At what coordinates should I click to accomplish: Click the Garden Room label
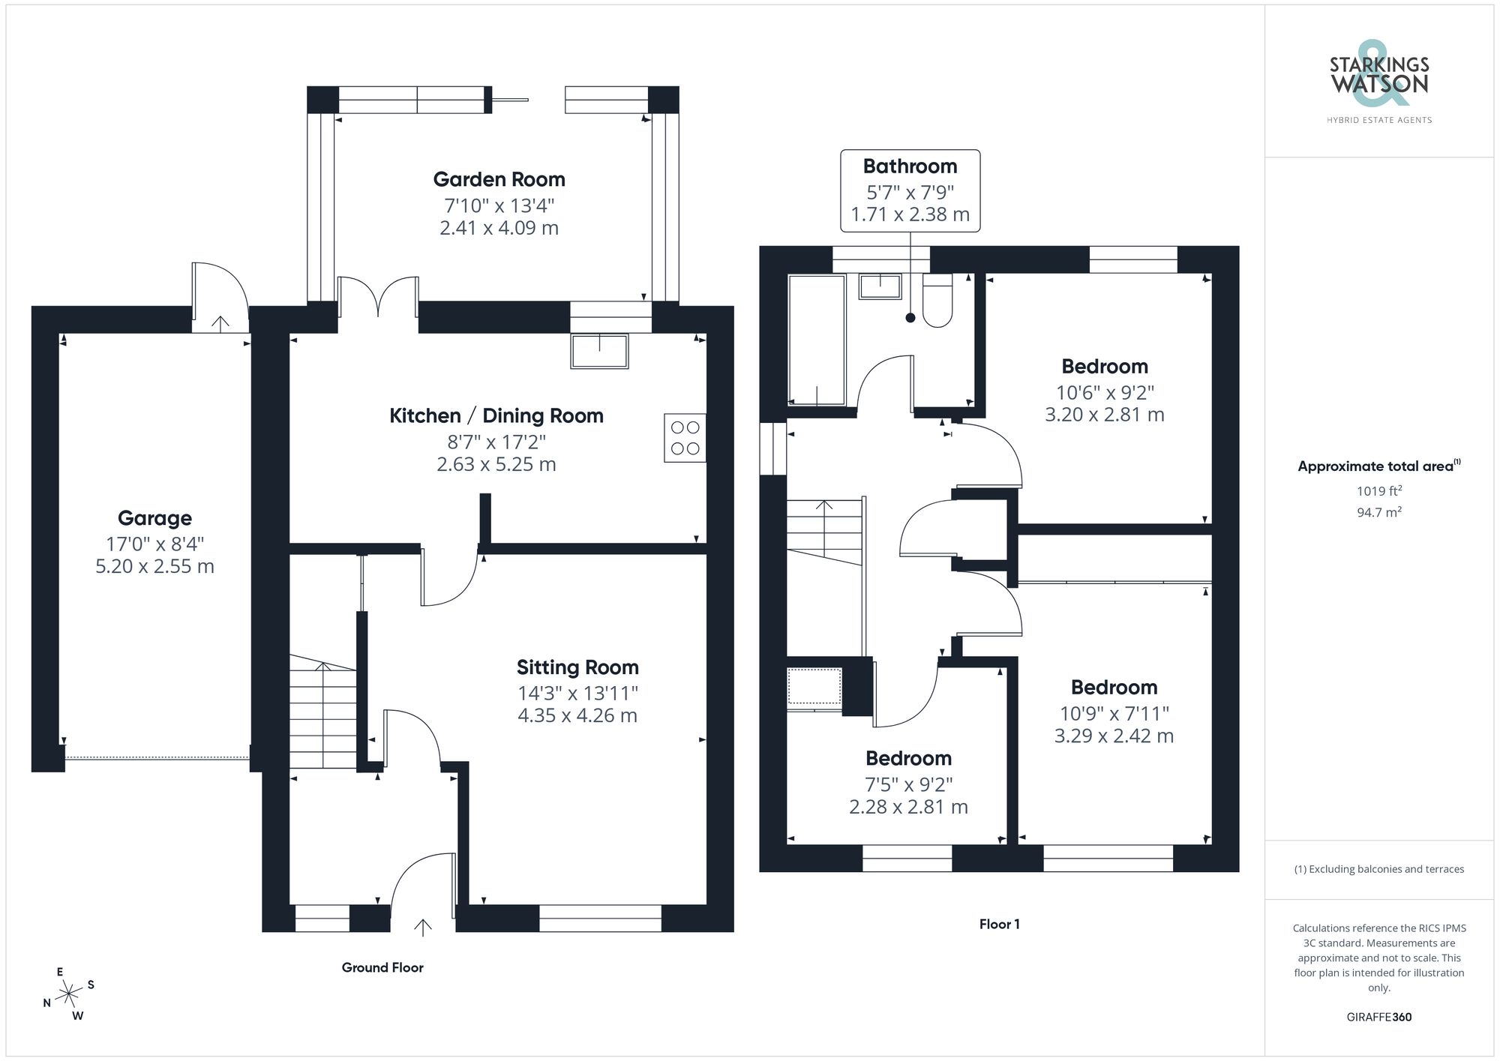(499, 180)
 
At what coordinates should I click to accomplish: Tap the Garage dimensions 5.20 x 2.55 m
(154, 566)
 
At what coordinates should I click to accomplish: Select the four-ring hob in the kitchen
(685, 438)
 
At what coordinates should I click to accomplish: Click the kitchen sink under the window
(599, 352)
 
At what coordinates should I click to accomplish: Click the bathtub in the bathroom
(817, 340)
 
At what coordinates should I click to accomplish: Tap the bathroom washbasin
(880, 286)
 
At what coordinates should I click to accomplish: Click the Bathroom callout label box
(910, 190)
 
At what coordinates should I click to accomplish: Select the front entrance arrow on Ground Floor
(423, 928)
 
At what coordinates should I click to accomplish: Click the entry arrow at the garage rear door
(220, 324)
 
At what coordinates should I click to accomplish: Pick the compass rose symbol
(69, 994)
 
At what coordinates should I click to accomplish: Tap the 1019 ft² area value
(1378, 491)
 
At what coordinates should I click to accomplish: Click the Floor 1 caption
(999, 925)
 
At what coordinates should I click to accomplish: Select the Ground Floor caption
(382, 968)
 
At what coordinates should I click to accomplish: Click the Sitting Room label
(577, 667)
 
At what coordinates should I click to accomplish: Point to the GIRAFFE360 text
(1378, 1018)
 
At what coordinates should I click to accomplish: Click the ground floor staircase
(323, 716)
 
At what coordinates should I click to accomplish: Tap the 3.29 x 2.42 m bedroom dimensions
(1114, 736)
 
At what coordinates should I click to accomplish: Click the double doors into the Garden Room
(378, 296)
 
